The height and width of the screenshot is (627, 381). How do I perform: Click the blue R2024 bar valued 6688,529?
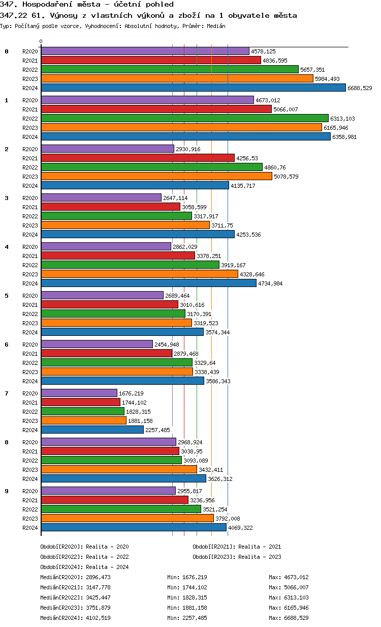pyautogui.click(x=193, y=88)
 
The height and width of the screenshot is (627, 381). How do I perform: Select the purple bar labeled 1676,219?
pyautogui.click(x=79, y=393)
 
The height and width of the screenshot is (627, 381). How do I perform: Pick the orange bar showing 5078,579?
pyautogui.click(x=156, y=176)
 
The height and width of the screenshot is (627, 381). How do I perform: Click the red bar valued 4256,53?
pyautogui.click(x=138, y=158)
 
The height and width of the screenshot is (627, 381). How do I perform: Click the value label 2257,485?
pyautogui.click(x=158, y=430)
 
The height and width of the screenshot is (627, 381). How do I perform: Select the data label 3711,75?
pyautogui.click(x=222, y=225)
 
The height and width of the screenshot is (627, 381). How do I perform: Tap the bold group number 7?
pyautogui.click(x=7, y=393)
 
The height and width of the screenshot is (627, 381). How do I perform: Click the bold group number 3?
pyautogui.click(x=7, y=198)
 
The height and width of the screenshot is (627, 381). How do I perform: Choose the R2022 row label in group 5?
pyautogui.click(x=30, y=314)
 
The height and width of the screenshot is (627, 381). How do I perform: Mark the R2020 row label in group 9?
pyautogui.click(x=30, y=491)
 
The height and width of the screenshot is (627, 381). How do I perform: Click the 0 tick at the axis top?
pyautogui.click(x=41, y=42)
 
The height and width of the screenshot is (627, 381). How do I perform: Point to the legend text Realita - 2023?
pyautogui.click(x=260, y=557)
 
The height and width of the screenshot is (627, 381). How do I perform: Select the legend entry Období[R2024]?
pyautogui.click(x=61, y=567)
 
